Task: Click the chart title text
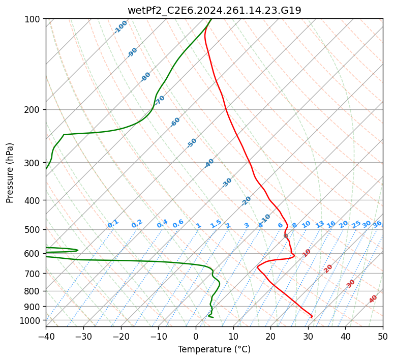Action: (x=214, y=10)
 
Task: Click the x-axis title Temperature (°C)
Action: (x=214, y=350)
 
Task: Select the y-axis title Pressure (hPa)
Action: (x=10, y=172)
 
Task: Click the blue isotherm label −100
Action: (x=121, y=26)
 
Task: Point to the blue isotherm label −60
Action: (x=175, y=122)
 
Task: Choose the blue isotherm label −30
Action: (x=227, y=182)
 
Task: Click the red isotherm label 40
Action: (x=373, y=299)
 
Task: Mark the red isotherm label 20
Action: (x=328, y=268)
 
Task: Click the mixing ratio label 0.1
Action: (x=113, y=224)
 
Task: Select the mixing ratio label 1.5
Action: (x=216, y=224)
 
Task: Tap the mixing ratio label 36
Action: (x=377, y=224)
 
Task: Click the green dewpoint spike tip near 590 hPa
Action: (x=77, y=250)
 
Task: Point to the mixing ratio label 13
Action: (x=320, y=224)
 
